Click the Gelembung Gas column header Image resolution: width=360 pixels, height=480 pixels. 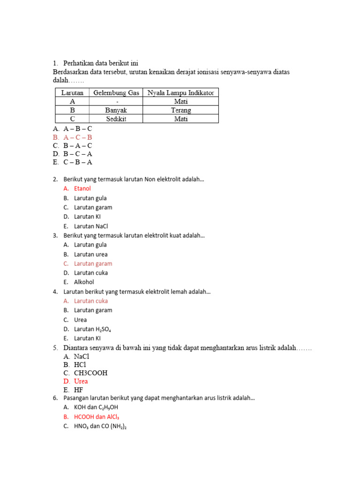pos(116,93)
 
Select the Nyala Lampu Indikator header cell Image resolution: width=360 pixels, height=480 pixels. pos(180,93)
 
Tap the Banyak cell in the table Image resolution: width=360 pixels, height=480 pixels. pos(116,110)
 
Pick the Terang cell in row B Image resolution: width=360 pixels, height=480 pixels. pos(180,110)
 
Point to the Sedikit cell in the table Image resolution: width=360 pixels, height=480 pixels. pos(116,119)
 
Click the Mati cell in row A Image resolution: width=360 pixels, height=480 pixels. pos(180,101)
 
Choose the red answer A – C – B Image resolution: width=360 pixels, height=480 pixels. pos(78,137)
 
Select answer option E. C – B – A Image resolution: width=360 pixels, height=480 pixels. pos(78,163)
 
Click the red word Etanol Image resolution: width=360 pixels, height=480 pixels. pos(82,188)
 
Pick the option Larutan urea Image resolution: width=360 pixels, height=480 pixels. pos(91,255)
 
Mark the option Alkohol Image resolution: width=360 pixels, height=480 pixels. pos(84,282)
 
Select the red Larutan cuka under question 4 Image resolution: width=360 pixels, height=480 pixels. pos(91,301)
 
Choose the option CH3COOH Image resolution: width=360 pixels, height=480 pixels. pos(90,373)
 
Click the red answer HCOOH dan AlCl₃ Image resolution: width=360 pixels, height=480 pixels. pos(99,417)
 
